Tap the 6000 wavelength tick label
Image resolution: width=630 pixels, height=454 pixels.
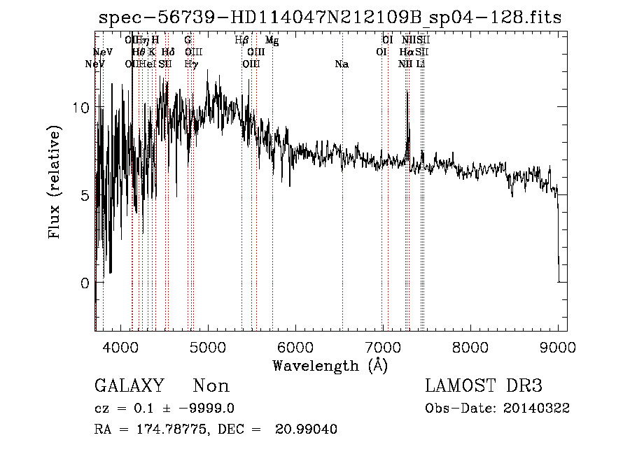[x=296, y=346]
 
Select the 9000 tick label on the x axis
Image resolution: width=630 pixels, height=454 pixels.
[x=557, y=346]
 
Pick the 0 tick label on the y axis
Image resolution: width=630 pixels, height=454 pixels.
[x=84, y=283]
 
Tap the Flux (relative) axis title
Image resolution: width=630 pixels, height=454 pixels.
[x=54, y=182]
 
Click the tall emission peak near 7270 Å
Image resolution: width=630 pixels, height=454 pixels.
[x=407, y=92]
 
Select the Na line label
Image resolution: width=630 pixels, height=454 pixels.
[x=342, y=64]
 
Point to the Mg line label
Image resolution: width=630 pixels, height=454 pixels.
[x=272, y=41]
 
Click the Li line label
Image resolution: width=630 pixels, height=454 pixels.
[x=420, y=64]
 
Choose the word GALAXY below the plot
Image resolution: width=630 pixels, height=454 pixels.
[x=129, y=386]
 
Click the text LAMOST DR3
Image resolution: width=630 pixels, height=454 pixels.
[x=484, y=386]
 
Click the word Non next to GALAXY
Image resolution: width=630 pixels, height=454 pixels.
[x=211, y=386]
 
